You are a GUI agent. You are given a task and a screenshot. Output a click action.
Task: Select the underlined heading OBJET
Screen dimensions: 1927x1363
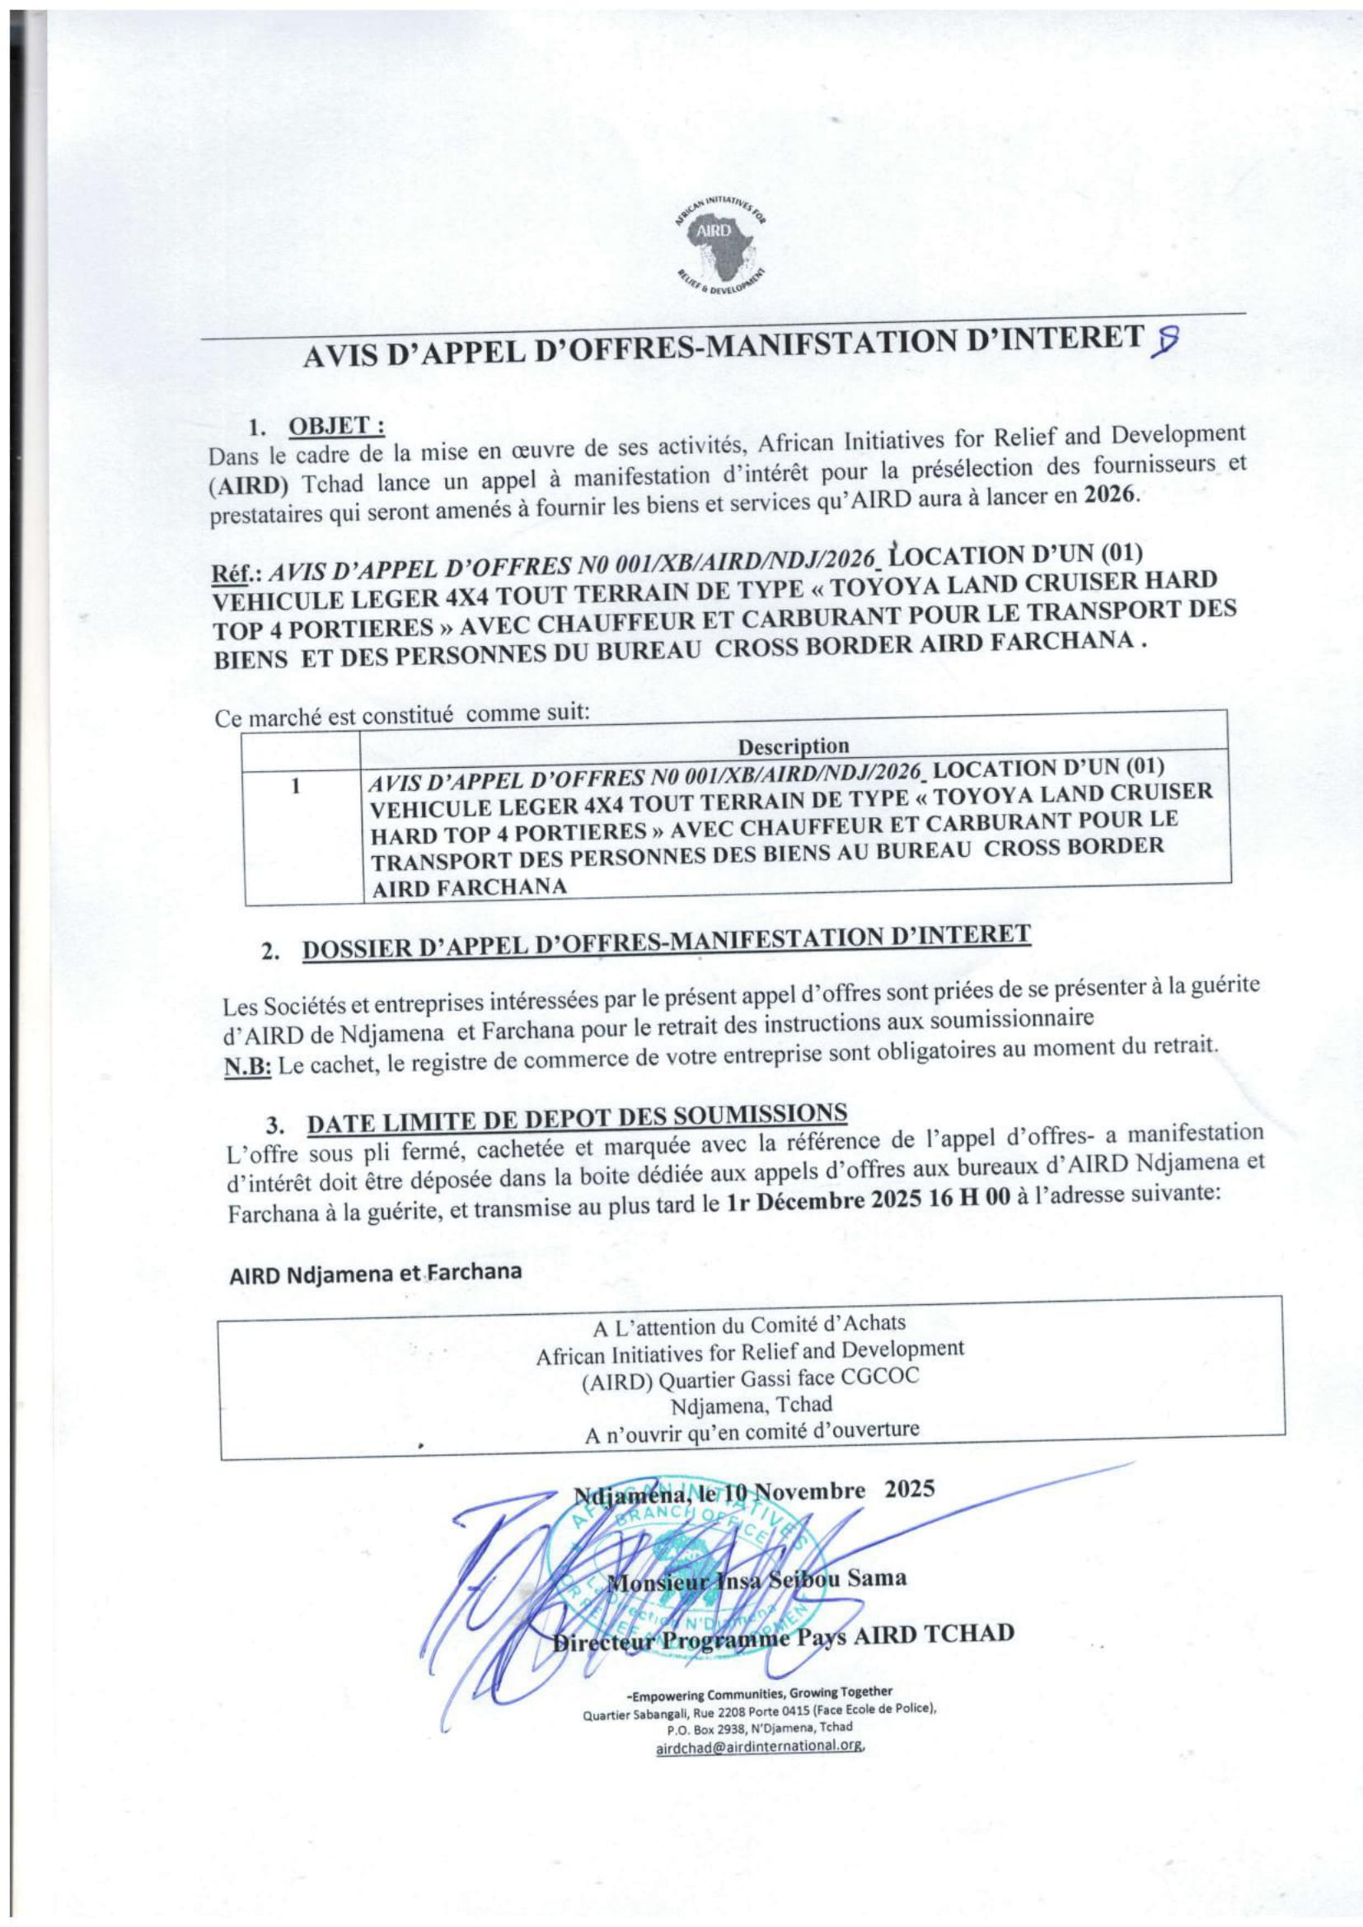tap(336, 428)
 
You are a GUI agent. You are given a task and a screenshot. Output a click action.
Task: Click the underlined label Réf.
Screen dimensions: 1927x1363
tap(235, 571)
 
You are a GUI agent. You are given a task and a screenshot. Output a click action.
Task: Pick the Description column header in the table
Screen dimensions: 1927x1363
tap(793, 746)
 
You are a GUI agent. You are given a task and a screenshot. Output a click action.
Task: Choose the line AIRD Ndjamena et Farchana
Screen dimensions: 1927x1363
tap(375, 1272)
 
